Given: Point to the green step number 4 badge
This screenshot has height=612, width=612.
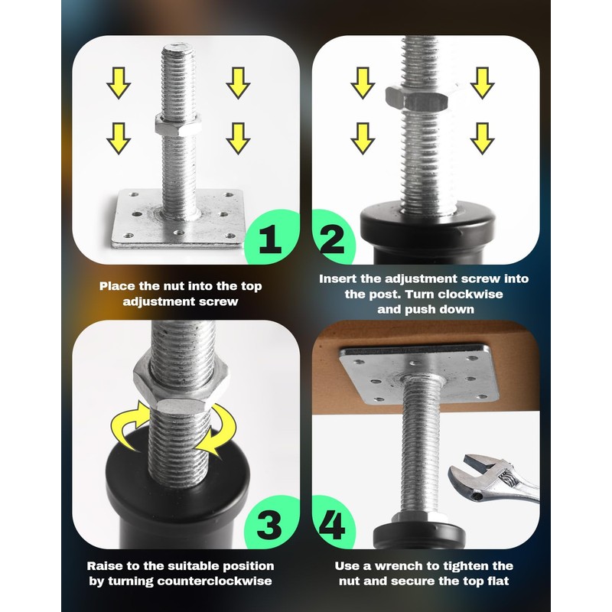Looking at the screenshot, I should coord(333,527).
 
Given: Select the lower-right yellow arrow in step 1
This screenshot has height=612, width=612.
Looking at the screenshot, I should coord(238,138).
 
